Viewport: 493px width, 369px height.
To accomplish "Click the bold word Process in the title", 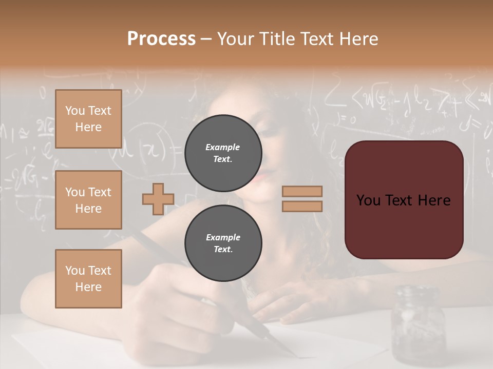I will click(x=161, y=38).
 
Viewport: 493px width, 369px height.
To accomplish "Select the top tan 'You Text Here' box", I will click(x=88, y=119).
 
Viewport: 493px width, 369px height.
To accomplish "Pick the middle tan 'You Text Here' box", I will click(x=88, y=200).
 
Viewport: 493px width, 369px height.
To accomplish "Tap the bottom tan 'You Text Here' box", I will click(x=88, y=278).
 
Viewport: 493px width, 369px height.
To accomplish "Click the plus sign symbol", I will click(x=158, y=199).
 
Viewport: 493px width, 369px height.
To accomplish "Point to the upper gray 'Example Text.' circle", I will click(x=223, y=153).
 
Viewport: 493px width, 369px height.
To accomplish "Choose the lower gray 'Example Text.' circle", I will click(x=223, y=243).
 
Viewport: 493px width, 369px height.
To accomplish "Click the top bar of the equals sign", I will click(x=302, y=192).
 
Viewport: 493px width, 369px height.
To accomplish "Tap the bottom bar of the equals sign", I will click(x=302, y=206).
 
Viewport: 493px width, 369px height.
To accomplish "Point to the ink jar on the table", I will click(x=417, y=323).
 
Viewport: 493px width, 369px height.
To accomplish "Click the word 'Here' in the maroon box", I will click(x=434, y=200).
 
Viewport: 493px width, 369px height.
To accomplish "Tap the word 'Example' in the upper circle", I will click(x=223, y=147).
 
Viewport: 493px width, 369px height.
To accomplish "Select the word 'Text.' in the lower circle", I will click(x=223, y=249).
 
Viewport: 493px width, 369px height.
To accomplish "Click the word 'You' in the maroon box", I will click(x=369, y=200).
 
